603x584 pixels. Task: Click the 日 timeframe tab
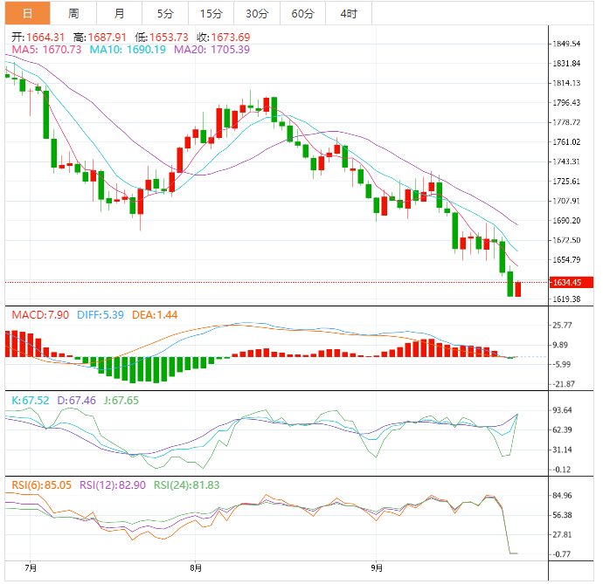(28, 13)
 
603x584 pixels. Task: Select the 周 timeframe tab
(73, 13)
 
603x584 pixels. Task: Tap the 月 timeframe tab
(119, 13)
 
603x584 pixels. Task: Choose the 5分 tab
(165, 13)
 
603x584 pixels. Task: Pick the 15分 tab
(211, 13)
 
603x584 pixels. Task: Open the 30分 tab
(257, 13)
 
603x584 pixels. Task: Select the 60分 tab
(302, 13)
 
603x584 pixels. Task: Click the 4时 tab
(348, 13)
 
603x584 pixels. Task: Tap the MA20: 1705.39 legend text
(211, 49)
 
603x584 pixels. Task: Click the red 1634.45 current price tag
(572, 282)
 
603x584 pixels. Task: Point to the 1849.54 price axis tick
(567, 44)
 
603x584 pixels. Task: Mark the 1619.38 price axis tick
(567, 299)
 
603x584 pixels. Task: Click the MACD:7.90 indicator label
(31, 314)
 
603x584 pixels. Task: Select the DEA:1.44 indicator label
(149, 314)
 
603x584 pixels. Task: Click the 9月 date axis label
(376, 567)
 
